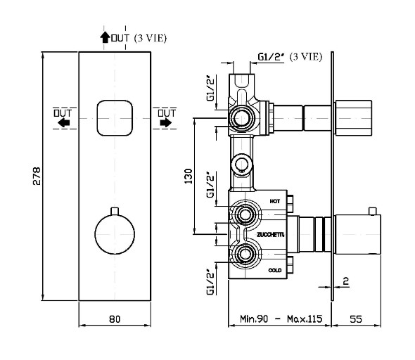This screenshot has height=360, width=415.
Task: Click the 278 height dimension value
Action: pos(37,176)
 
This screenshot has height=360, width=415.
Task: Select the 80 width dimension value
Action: pos(115,319)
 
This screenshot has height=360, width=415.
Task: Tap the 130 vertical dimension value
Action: pos(189,176)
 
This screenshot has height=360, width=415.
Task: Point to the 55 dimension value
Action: pos(356,319)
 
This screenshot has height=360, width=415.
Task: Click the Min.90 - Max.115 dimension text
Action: pos(281,319)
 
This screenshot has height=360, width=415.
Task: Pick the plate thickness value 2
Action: pos(346,281)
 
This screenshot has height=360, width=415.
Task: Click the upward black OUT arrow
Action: pos(105,37)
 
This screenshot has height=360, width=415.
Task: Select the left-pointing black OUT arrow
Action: pos(64,123)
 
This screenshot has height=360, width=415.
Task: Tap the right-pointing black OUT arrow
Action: pos(166,122)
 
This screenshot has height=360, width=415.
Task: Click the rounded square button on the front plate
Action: pos(115,118)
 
